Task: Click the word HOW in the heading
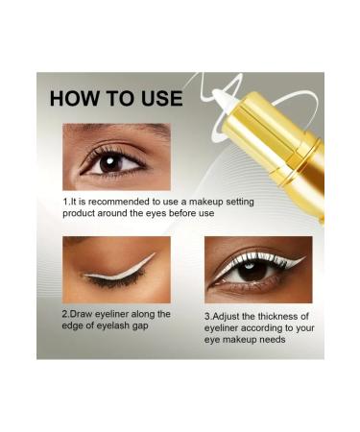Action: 78,98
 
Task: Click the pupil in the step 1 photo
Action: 108,162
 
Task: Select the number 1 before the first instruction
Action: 65,202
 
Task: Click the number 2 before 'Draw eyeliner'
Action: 65,314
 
